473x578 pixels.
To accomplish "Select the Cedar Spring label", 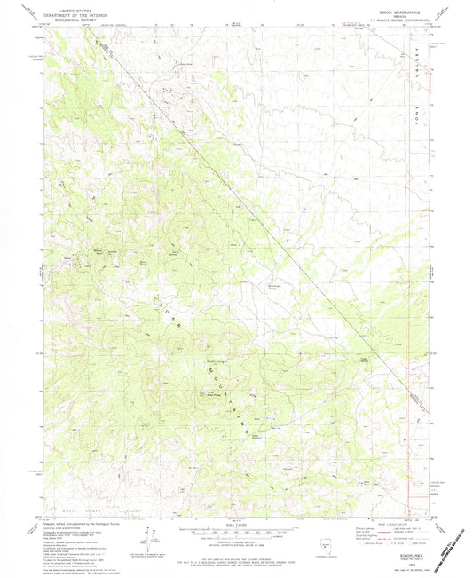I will (x=362, y=359).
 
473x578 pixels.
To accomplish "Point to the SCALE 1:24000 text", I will (x=236, y=519).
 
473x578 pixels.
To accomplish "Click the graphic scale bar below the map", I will (x=236, y=527).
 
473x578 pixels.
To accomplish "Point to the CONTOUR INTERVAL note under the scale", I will (x=236, y=539).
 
